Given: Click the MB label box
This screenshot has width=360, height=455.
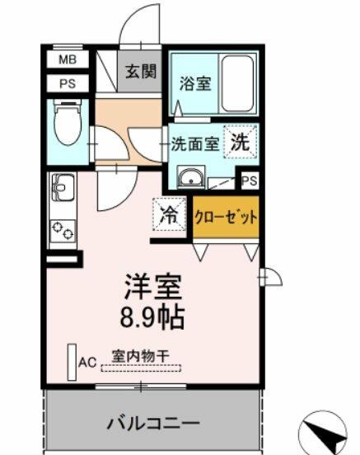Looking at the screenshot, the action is pyautogui.click(x=68, y=59).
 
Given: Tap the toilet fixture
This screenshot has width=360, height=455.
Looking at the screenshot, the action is pyautogui.click(x=68, y=122).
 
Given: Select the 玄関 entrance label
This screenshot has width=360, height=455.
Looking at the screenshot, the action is pyautogui.click(x=141, y=72).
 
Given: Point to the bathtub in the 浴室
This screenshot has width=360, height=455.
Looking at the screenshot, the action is pyautogui.click(x=237, y=83).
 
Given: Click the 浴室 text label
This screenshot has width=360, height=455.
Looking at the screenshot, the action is pyautogui.click(x=195, y=83).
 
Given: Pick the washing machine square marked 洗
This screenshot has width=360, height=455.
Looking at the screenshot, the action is pyautogui.click(x=241, y=142).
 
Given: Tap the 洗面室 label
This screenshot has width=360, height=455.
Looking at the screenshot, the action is pyautogui.click(x=195, y=143).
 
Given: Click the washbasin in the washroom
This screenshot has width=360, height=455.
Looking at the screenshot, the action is pyautogui.click(x=191, y=177).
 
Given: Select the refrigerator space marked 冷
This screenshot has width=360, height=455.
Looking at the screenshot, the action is pyautogui.click(x=169, y=214).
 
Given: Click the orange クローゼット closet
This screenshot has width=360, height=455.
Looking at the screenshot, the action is pyautogui.click(x=226, y=217).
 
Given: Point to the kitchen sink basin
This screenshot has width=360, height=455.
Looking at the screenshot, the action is pyautogui.click(x=63, y=187).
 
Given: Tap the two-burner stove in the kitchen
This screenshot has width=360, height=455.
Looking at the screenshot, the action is pyautogui.click(x=63, y=231).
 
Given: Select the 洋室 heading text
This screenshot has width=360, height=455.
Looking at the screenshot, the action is pyautogui.click(x=153, y=287).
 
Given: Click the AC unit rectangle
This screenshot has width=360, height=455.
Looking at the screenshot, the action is pyautogui.click(x=72, y=362).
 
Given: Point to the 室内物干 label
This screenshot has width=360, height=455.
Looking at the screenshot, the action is pyautogui.click(x=141, y=356).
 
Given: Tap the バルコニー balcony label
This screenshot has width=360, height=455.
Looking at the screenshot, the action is pyautogui.click(x=153, y=424).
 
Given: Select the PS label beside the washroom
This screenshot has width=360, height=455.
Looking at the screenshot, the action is pyautogui.click(x=249, y=181).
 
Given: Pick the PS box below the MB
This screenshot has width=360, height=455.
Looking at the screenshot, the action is pyautogui.click(x=68, y=83).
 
